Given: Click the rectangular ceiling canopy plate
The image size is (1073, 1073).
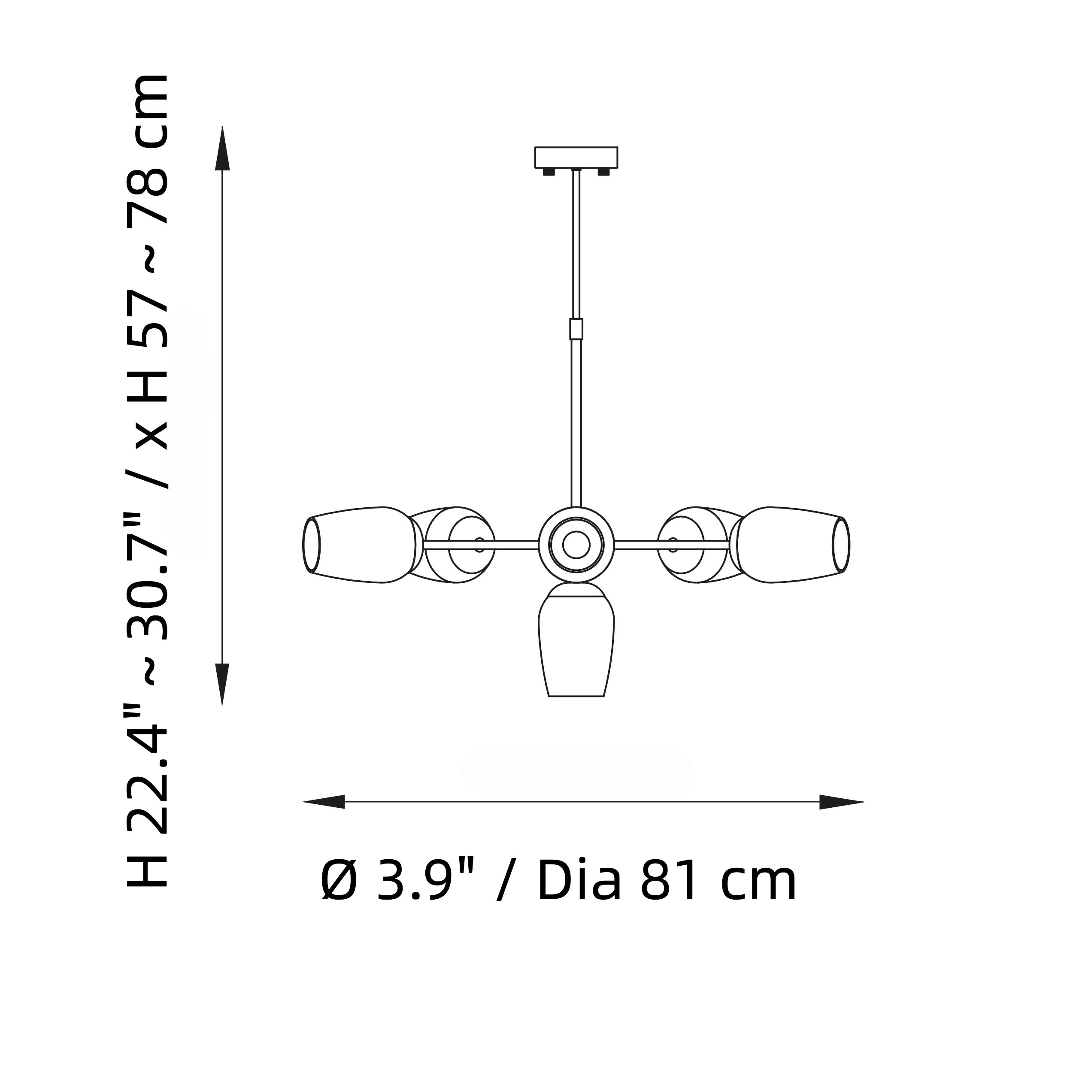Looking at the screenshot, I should pyautogui.click(x=576, y=157).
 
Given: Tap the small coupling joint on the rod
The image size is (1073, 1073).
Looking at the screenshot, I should pyautogui.click(x=576, y=329).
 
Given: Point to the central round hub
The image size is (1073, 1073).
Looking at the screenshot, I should pyautogui.click(x=576, y=545).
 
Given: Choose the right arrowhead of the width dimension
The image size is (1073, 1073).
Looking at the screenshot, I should pyautogui.click(x=841, y=802).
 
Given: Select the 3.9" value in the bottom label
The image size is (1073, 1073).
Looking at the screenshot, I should pyautogui.click(x=425, y=882).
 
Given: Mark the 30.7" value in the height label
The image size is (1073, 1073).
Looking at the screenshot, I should pyautogui.click(x=148, y=578).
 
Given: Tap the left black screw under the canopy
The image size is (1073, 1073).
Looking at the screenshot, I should pyautogui.click(x=549, y=172).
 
